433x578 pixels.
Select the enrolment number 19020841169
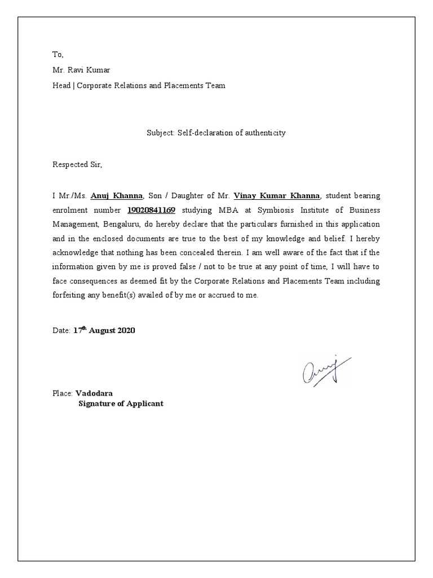pyautogui.click(x=152, y=210)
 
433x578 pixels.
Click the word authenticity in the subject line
pyautogui.click(x=264, y=133)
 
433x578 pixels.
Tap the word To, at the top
pyautogui.click(x=59, y=55)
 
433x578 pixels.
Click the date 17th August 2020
pyautogui.click(x=104, y=331)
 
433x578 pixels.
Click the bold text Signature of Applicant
pyautogui.click(x=121, y=404)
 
